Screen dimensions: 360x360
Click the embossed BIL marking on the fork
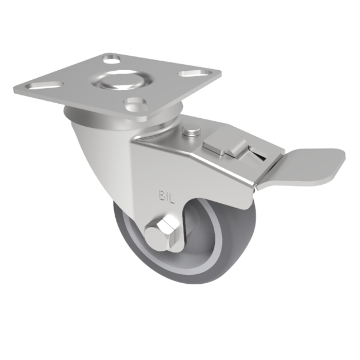[166, 196]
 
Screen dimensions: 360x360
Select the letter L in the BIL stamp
[172, 197]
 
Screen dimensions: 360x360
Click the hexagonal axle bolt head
[163, 232]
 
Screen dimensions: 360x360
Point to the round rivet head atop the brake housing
[191, 130]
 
